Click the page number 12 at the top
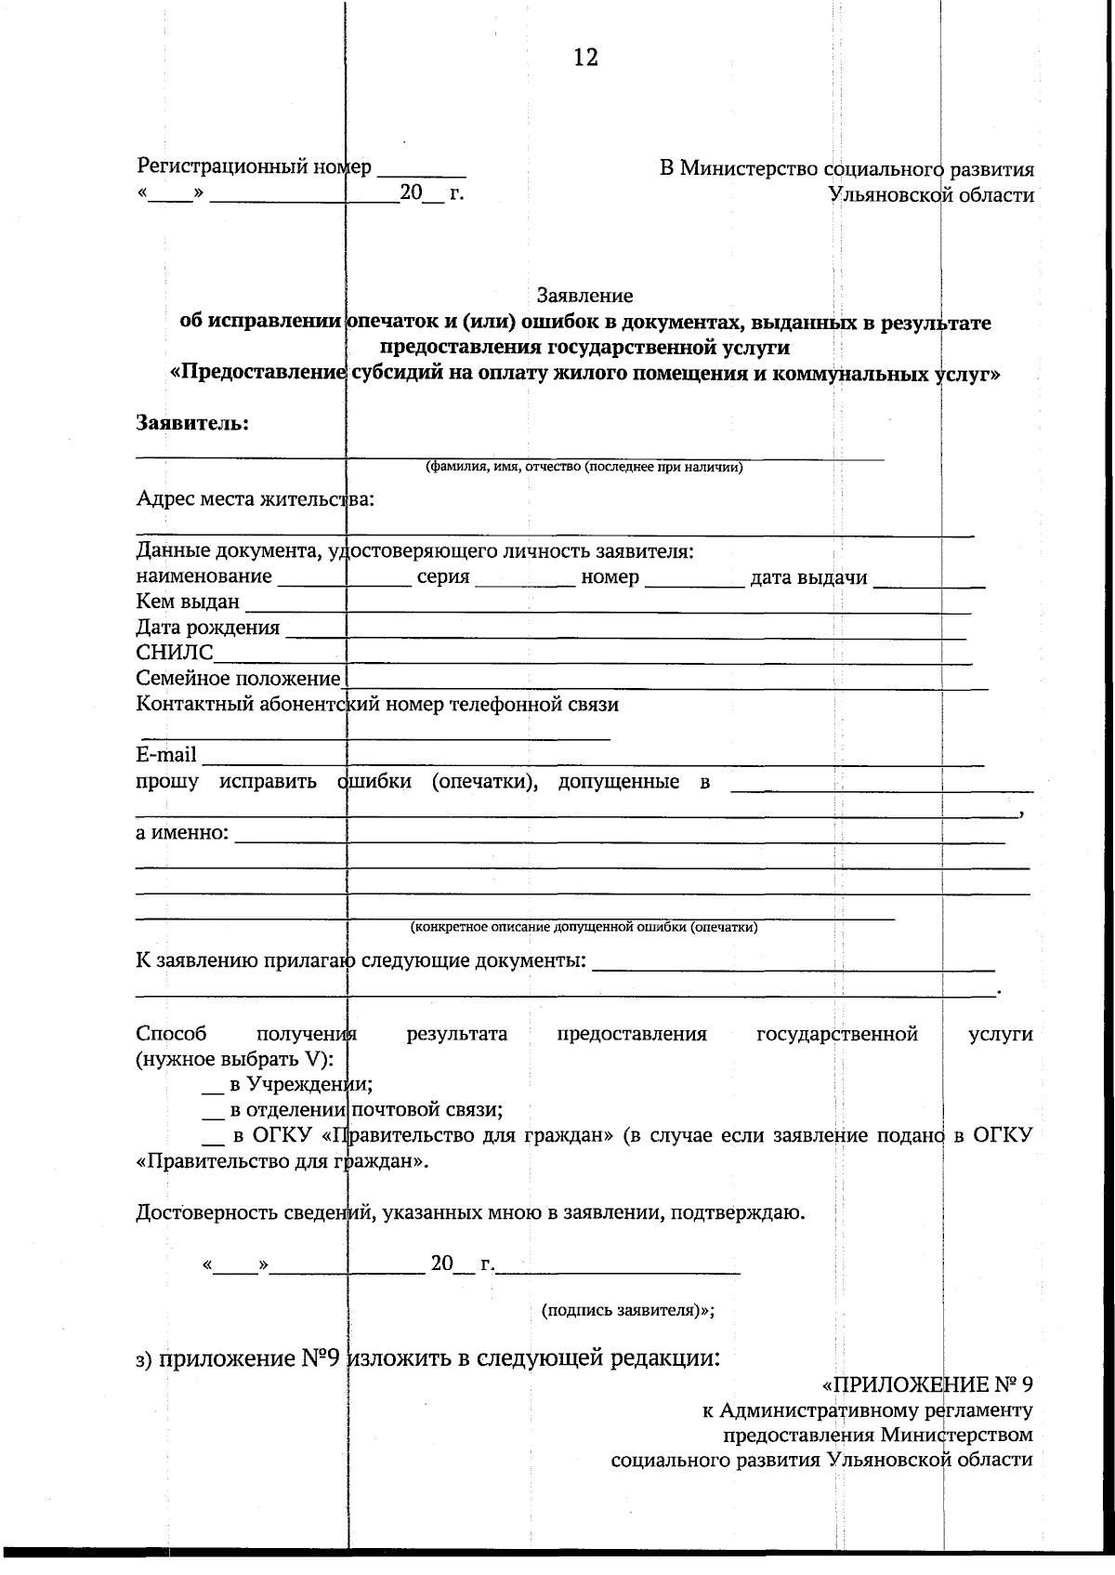585,58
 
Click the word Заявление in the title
584,296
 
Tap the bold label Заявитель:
192,423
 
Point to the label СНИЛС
174,653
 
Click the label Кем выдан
187,602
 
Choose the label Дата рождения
207,628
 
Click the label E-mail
166,754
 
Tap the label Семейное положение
238,679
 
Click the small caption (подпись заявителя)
627,1310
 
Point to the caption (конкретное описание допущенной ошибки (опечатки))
584,927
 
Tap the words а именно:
182,832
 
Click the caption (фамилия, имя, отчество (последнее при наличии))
584,468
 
